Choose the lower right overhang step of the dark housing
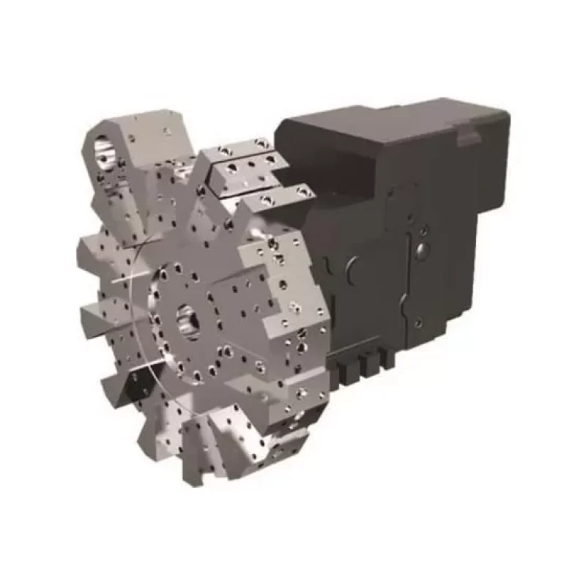pyautogui.click(x=439, y=322)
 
